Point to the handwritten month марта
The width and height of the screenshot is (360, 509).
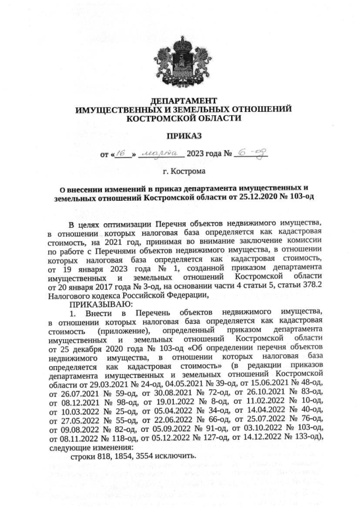(x=160, y=152)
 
